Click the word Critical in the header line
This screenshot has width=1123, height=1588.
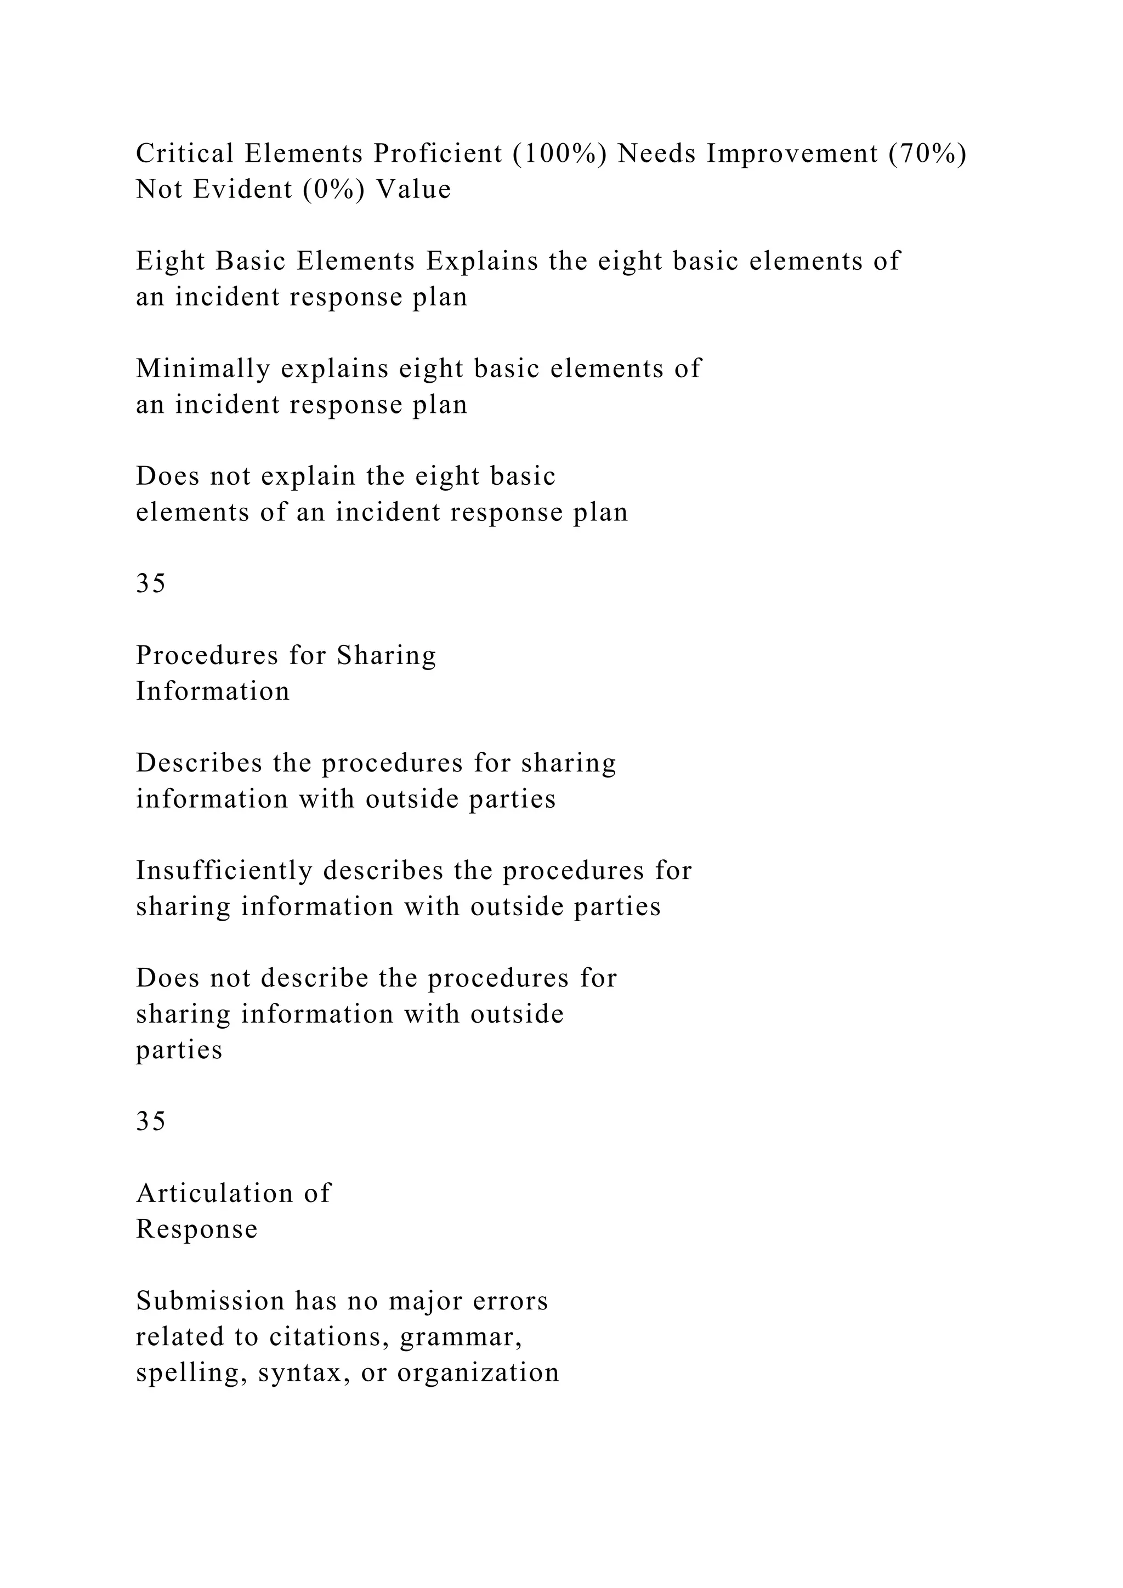click(x=185, y=153)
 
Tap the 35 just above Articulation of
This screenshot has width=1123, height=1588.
click(x=151, y=1121)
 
